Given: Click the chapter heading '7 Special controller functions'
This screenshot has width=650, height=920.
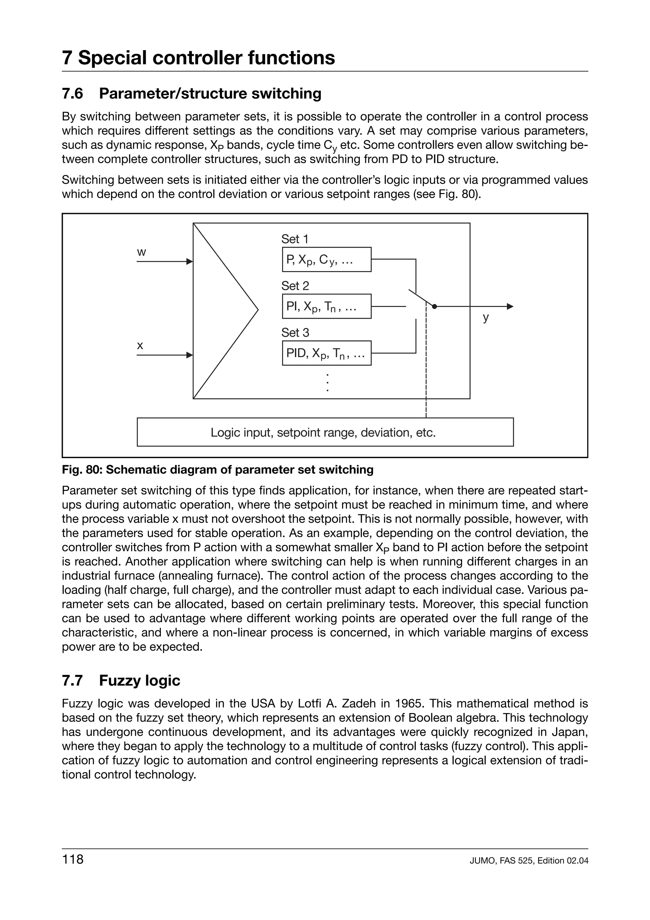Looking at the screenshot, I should (x=198, y=58).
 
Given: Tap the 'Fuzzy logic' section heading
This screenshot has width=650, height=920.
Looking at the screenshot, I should (x=139, y=681).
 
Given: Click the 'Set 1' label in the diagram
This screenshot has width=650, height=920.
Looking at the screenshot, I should (x=295, y=239).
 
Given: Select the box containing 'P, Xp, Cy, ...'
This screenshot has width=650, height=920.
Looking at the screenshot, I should (x=326, y=260).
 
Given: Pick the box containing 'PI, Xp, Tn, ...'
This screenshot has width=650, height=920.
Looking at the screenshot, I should (x=326, y=307).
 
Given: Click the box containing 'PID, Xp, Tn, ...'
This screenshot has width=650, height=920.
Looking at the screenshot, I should (x=326, y=353).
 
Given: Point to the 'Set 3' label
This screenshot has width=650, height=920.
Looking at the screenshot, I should (x=295, y=333).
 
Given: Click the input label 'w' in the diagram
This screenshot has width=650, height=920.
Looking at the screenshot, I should (x=141, y=252).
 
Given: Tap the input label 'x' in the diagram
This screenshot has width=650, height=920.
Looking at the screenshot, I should (x=140, y=345).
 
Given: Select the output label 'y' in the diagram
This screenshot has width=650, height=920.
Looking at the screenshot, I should (x=486, y=317).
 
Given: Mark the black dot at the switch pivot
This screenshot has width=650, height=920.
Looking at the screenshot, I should (x=434, y=307).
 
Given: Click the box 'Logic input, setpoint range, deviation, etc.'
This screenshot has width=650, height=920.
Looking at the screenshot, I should (x=325, y=432).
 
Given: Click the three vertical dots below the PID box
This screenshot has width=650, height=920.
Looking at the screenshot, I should (x=328, y=382).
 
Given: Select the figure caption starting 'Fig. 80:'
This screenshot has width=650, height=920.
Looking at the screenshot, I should (x=217, y=470).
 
